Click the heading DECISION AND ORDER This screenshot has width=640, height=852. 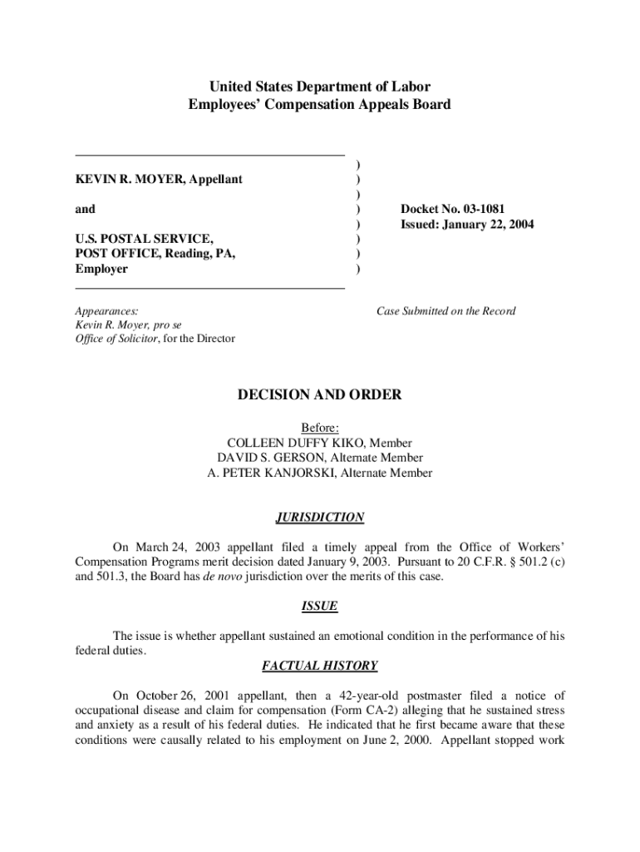(x=319, y=394)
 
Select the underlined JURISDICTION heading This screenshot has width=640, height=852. (x=319, y=518)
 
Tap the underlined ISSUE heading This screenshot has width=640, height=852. (x=319, y=606)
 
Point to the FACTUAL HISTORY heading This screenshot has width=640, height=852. (x=319, y=666)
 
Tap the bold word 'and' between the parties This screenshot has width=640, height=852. (x=85, y=210)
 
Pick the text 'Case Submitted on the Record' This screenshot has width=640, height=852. (x=446, y=311)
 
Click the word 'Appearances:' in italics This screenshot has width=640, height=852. (x=106, y=311)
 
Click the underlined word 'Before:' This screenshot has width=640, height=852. (x=319, y=428)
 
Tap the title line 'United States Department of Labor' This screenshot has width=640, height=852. (x=319, y=87)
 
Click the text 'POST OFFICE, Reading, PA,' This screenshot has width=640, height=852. (x=155, y=255)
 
